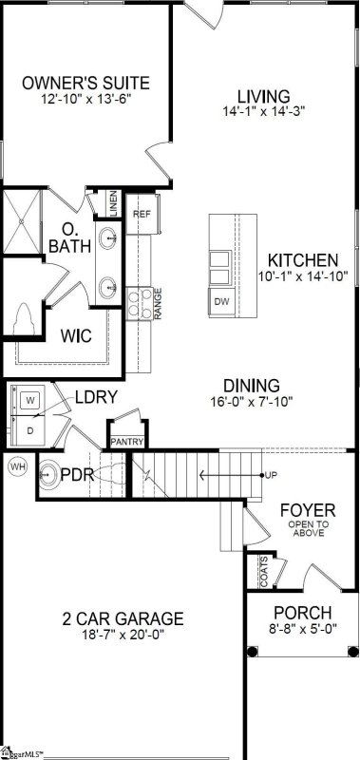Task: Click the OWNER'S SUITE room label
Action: pos(85,82)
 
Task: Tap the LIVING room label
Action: pos(263,96)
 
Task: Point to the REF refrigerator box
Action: pos(142,214)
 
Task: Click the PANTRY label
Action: pos(126,442)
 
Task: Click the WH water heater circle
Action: pos(17,466)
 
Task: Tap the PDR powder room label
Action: pos(78,473)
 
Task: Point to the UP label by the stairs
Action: pos(271,474)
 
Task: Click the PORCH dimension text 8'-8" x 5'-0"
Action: pos(302,629)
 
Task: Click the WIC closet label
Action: pos(75,336)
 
